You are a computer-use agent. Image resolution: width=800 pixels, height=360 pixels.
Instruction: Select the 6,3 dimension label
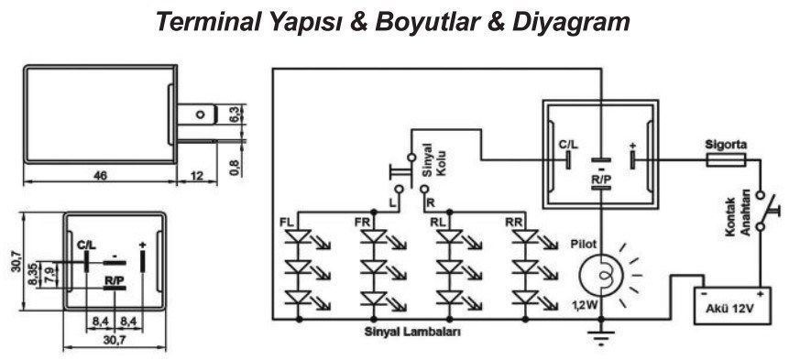click(x=234, y=115)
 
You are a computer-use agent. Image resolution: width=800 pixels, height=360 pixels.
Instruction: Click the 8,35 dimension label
click(x=35, y=273)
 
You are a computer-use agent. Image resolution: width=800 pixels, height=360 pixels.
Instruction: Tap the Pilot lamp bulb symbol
click(x=602, y=274)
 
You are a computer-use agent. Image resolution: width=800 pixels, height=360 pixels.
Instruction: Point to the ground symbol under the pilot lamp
click(x=602, y=337)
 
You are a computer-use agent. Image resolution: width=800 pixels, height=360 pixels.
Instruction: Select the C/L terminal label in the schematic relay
click(x=568, y=145)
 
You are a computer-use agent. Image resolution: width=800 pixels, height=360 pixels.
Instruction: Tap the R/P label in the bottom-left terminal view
click(x=114, y=280)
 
